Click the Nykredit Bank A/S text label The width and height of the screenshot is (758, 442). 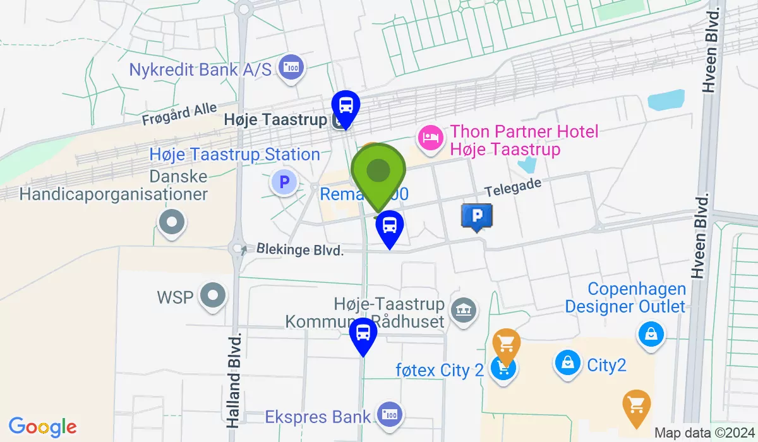(x=200, y=69)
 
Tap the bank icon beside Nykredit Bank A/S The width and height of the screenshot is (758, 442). (x=292, y=68)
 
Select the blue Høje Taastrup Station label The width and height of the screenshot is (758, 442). (x=235, y=155)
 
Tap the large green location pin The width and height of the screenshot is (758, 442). (x=378, y=172)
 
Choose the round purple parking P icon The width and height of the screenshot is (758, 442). (x=284, y=183)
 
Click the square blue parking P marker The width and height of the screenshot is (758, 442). (x=477, y=217)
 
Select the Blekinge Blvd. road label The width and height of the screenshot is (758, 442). (x=300, y=250)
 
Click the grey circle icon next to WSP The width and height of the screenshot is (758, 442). (x=212, y=296)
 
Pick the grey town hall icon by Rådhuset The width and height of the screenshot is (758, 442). (x=464, y=309)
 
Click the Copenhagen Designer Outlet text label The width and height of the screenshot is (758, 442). (x=625, y=298)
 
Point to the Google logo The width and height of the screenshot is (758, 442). (x=43, y=427)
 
